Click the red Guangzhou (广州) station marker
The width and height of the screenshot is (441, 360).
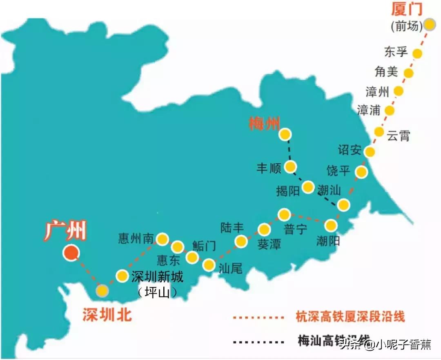point(71,253)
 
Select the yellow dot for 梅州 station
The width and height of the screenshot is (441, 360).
point(285,134)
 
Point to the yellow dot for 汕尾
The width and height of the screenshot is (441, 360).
point(209,265)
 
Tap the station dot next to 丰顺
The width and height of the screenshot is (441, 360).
point(290,166)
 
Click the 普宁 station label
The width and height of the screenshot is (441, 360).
point(295,229)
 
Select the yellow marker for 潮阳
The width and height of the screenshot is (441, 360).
point(331,225)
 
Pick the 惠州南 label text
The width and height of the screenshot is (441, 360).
point(136,238)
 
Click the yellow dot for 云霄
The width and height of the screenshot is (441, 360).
point(379,132)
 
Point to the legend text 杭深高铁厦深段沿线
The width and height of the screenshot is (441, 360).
point(350,316)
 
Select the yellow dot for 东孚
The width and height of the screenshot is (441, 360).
point(417,53)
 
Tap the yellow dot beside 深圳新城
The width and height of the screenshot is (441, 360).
point(122,276)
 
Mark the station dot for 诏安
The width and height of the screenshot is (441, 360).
point(370,152)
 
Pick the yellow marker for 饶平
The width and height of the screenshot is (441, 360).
point(361,172)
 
